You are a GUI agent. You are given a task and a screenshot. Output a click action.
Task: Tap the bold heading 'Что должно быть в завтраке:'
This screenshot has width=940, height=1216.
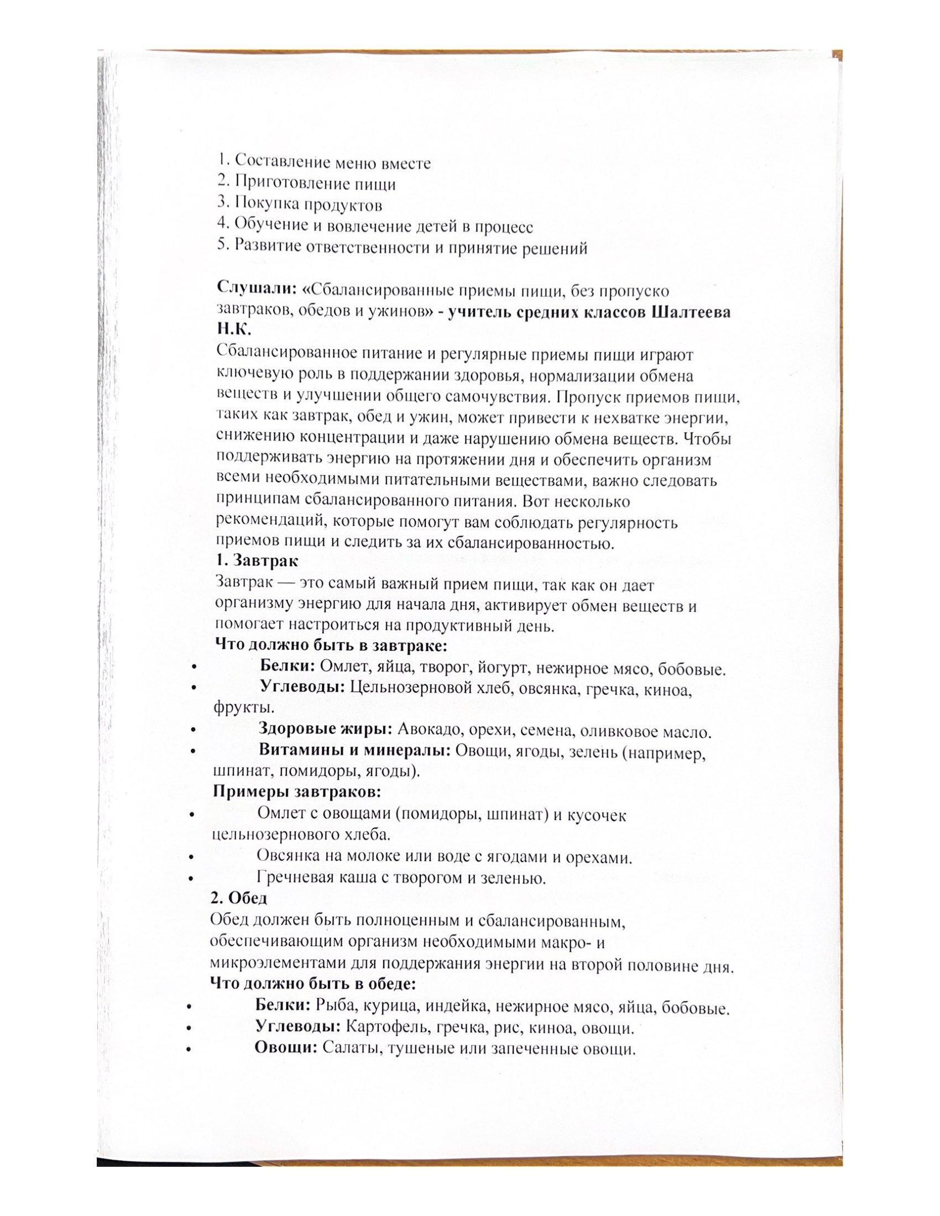click(x=331, y=645)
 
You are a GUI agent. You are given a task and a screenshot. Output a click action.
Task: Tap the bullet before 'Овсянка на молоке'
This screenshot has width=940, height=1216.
click(x=191, y=858)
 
